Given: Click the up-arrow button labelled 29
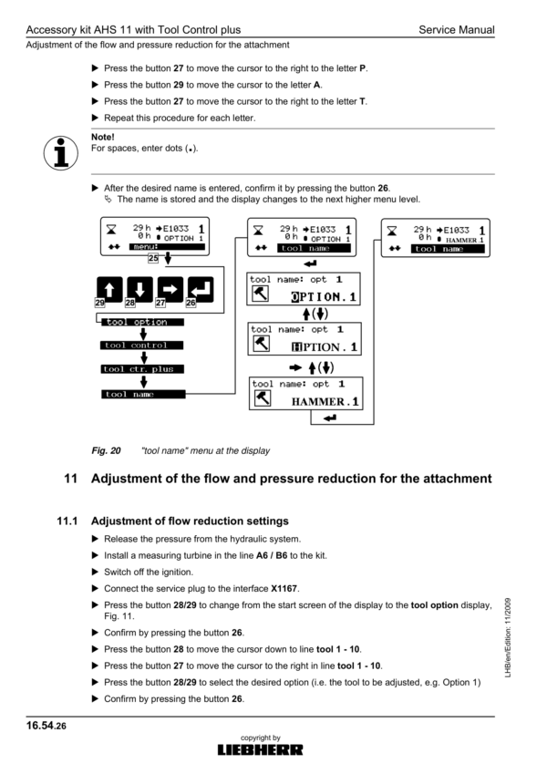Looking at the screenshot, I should [107, 291].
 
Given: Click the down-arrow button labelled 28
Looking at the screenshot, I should [139, 291].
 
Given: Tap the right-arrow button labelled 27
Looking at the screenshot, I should [170, 291].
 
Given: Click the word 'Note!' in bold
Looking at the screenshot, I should [103, 138].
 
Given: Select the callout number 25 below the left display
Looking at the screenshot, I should [154, 258].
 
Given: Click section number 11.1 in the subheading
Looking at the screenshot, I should [68, 521].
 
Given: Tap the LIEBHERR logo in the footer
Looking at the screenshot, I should [260, 750].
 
